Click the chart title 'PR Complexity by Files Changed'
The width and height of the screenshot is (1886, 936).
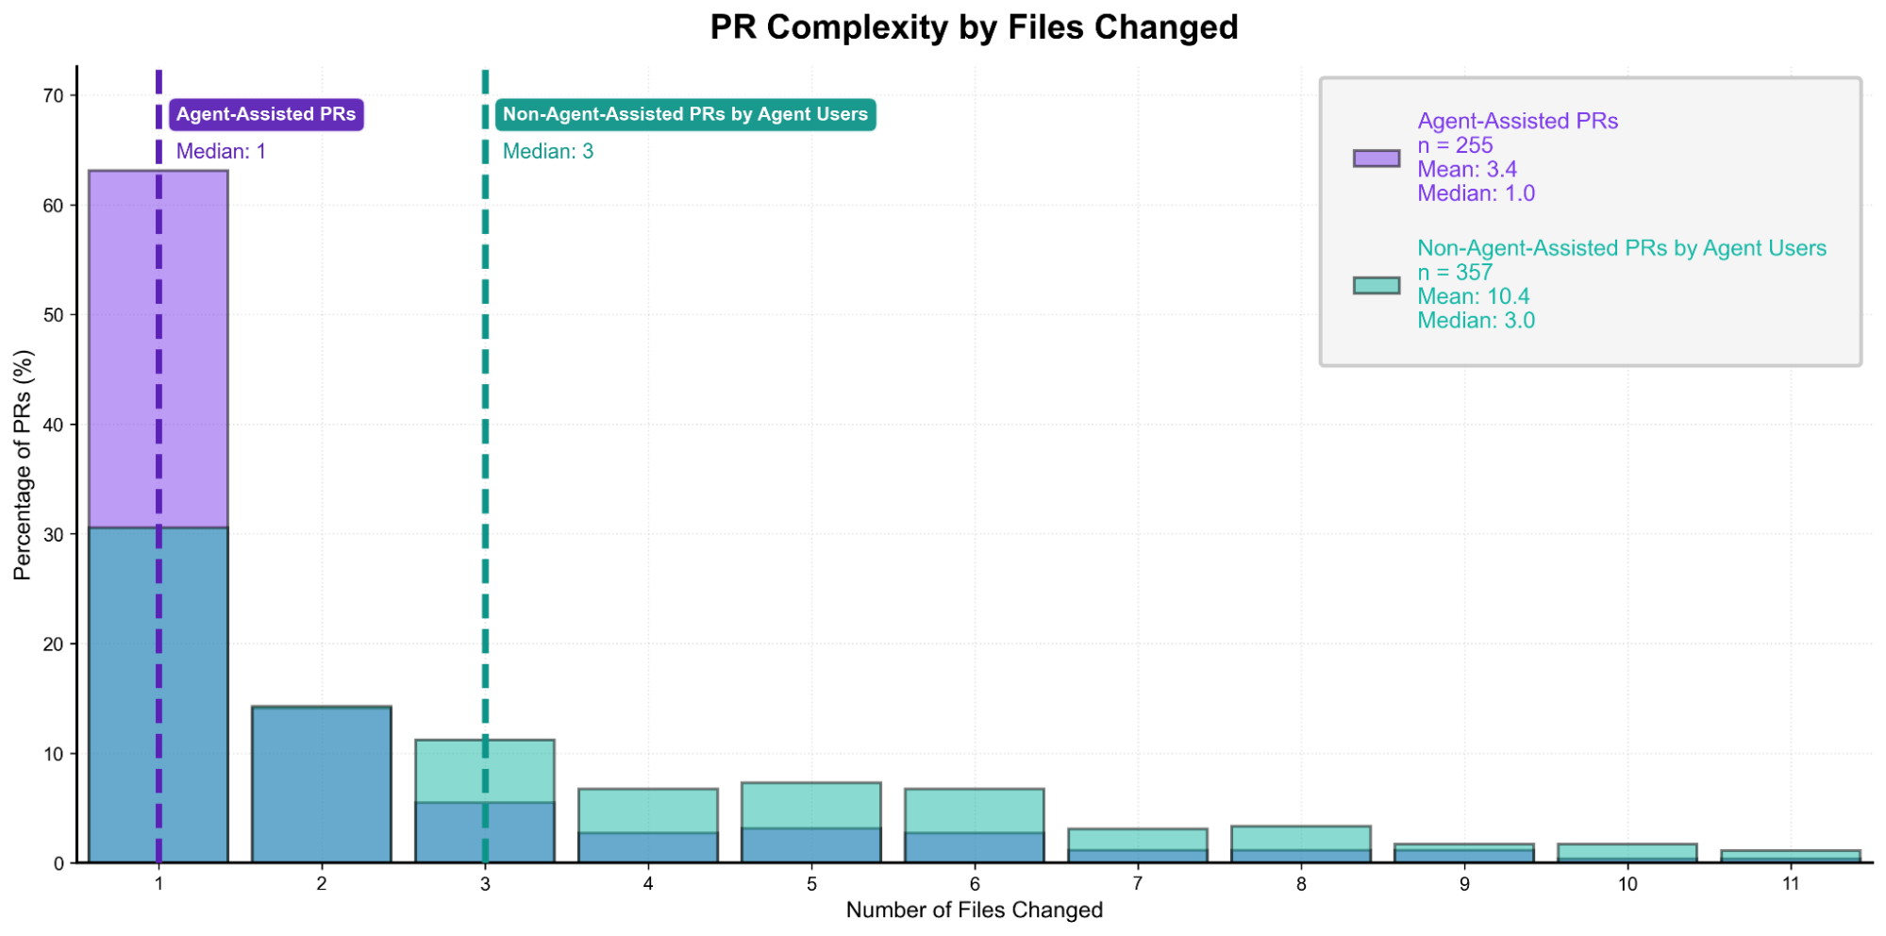tap(974, 27)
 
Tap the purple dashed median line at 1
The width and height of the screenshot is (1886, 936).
tap(159, 377)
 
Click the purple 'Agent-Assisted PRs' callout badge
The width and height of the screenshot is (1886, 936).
tap(266, 114)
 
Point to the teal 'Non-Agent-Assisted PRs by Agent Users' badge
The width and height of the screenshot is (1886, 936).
tap(685, 114)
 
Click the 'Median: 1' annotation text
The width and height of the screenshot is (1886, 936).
tap(221, 151)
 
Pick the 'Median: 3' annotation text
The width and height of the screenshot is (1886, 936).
tap(547, 151)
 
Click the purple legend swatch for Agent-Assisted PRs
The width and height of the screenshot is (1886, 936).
tap(1376, 158)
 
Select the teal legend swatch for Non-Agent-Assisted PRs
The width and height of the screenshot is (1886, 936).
tap(1376, 285)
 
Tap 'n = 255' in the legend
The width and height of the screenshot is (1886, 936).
tap(1455, 145)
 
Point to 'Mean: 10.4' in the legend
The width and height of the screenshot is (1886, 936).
tap(1473, 296)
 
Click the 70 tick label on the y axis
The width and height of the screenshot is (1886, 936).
tap(53, 95)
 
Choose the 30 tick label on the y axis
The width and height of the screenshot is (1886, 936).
tap(53, 535)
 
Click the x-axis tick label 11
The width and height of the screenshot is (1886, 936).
tap(1791, 884)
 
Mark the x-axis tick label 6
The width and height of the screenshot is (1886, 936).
tap(975, 884)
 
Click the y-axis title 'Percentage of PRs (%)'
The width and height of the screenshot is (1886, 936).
tap(23, 464)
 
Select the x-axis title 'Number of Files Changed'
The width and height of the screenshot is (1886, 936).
tap(974, 911)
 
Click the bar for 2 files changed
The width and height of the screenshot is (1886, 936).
tap(322, 783)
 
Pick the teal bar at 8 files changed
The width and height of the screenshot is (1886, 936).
tap(1301, 838)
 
